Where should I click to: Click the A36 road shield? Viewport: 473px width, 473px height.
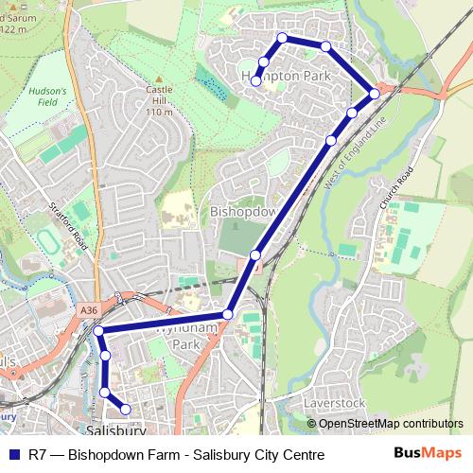click(90, 310)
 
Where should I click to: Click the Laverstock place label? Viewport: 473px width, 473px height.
click(334, 403)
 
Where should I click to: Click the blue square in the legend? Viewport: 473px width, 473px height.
click(14, 455)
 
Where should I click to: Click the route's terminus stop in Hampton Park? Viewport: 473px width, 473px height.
click(255, 81)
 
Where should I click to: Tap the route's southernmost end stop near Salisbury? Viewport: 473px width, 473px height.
click(126, 410)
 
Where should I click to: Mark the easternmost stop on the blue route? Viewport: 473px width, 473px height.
click(375, 93)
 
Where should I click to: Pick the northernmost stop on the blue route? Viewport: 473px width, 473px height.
click(282, 38)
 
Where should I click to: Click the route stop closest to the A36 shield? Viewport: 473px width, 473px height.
click(98, 331)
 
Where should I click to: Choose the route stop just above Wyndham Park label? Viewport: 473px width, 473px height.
click(227, 315)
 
